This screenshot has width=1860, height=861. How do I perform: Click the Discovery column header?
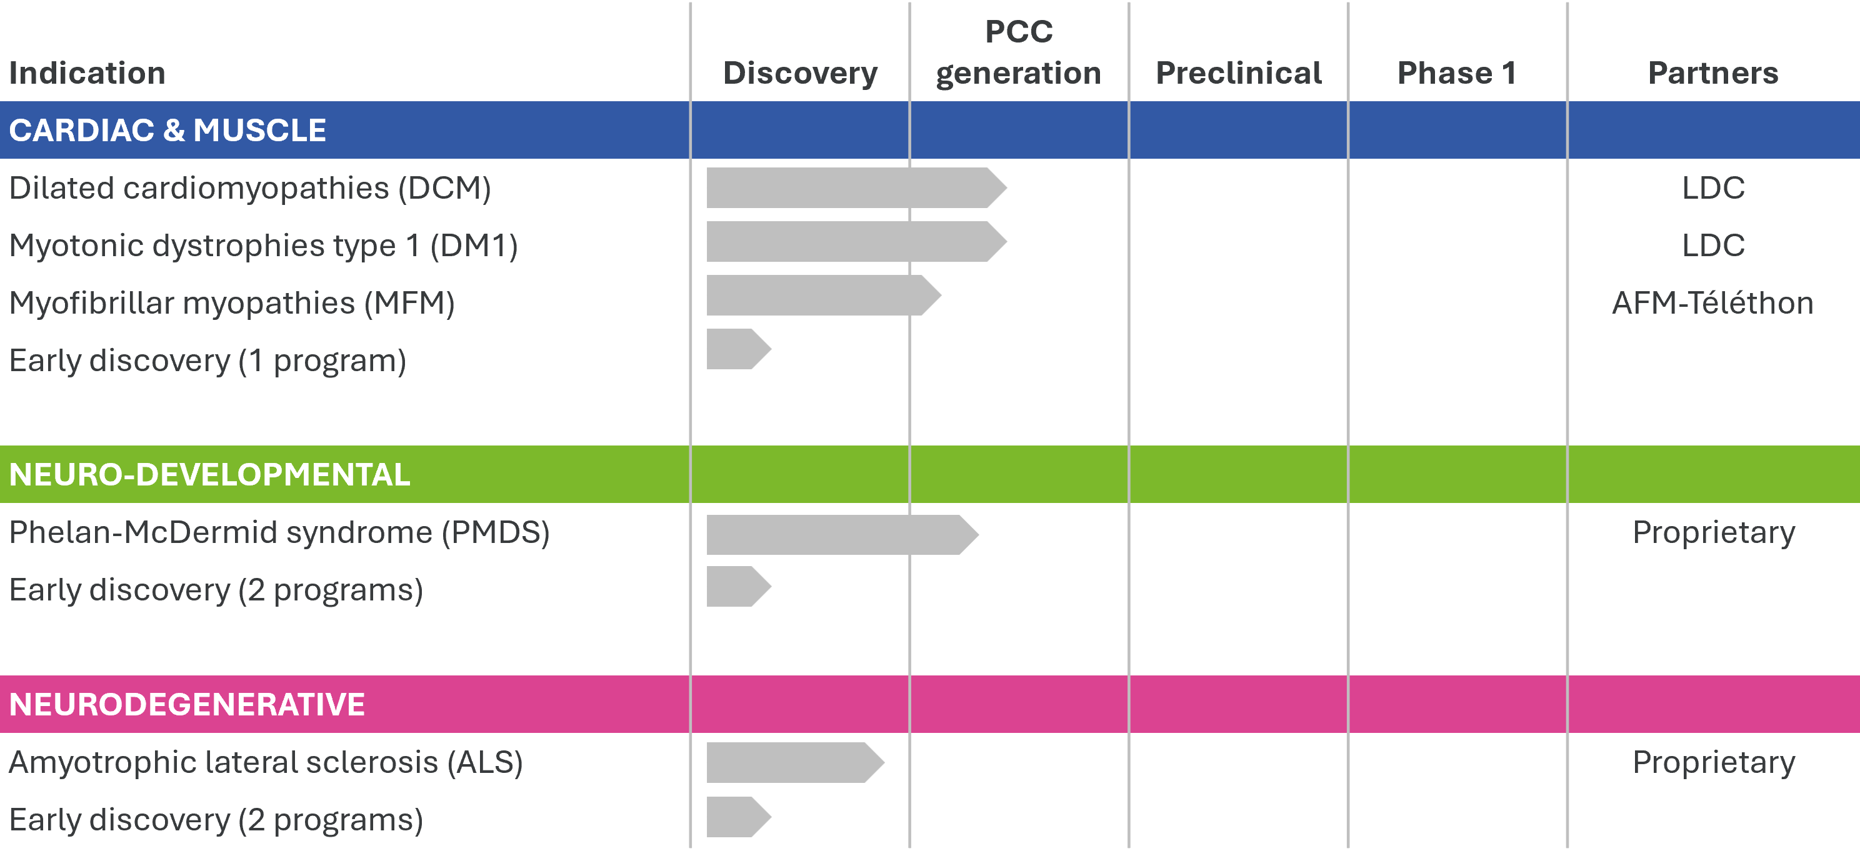800,73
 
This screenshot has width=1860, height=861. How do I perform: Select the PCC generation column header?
1018,52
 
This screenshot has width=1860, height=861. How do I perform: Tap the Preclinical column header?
1238,73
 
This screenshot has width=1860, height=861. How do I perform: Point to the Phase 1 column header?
1456,73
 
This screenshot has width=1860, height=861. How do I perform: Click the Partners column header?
1712,73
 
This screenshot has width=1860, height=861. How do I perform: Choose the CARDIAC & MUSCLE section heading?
167,131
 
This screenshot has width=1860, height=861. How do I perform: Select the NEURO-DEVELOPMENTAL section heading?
209,475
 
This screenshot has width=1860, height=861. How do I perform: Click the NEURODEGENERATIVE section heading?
187,704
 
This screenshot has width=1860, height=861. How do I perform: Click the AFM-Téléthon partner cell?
1712,303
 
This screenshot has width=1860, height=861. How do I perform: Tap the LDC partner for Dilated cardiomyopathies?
1712,188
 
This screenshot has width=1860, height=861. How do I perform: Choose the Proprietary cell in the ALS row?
1712,762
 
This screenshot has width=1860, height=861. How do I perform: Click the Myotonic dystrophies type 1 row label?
264,246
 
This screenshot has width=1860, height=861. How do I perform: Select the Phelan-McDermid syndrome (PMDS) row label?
279,532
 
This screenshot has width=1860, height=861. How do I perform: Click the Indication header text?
87,73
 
